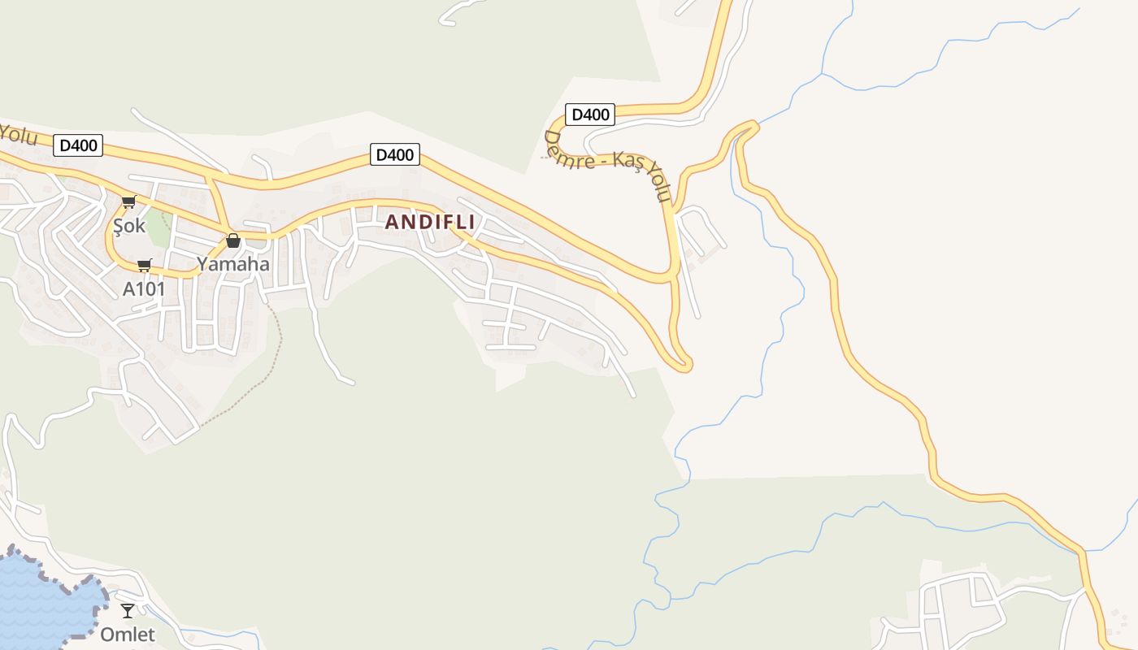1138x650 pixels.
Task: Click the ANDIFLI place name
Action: point(429,222)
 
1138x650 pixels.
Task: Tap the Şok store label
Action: point(129,225)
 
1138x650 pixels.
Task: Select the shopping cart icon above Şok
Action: point(128,201)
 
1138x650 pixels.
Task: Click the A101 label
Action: point(144,288)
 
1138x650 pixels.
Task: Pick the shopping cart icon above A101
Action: point(145,265)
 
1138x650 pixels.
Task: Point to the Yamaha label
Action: point(232,263)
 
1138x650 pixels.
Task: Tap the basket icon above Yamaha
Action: point(233,240)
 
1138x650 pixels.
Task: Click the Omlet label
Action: point(127,634)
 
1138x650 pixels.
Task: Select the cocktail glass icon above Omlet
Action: point(128,610)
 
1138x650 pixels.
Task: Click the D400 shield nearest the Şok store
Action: point(79,145)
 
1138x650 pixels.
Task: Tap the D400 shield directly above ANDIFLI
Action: point(394,154)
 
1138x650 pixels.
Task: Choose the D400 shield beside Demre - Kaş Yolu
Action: point(590,115)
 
